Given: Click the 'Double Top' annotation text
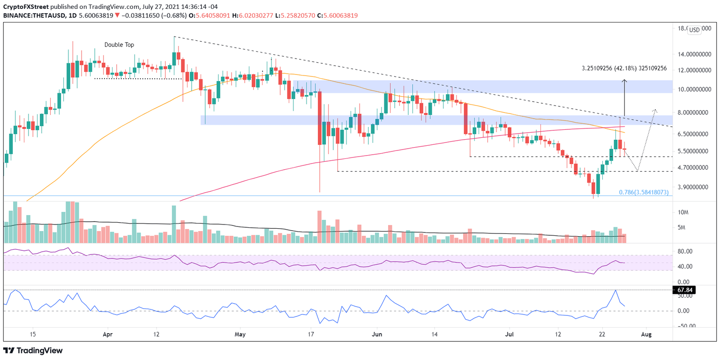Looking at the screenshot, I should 119,45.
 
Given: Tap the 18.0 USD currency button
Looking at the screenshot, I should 694,30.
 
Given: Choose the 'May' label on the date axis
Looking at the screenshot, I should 240,335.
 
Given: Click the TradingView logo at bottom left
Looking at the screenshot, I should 33,350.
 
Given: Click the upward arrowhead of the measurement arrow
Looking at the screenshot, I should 624,82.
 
